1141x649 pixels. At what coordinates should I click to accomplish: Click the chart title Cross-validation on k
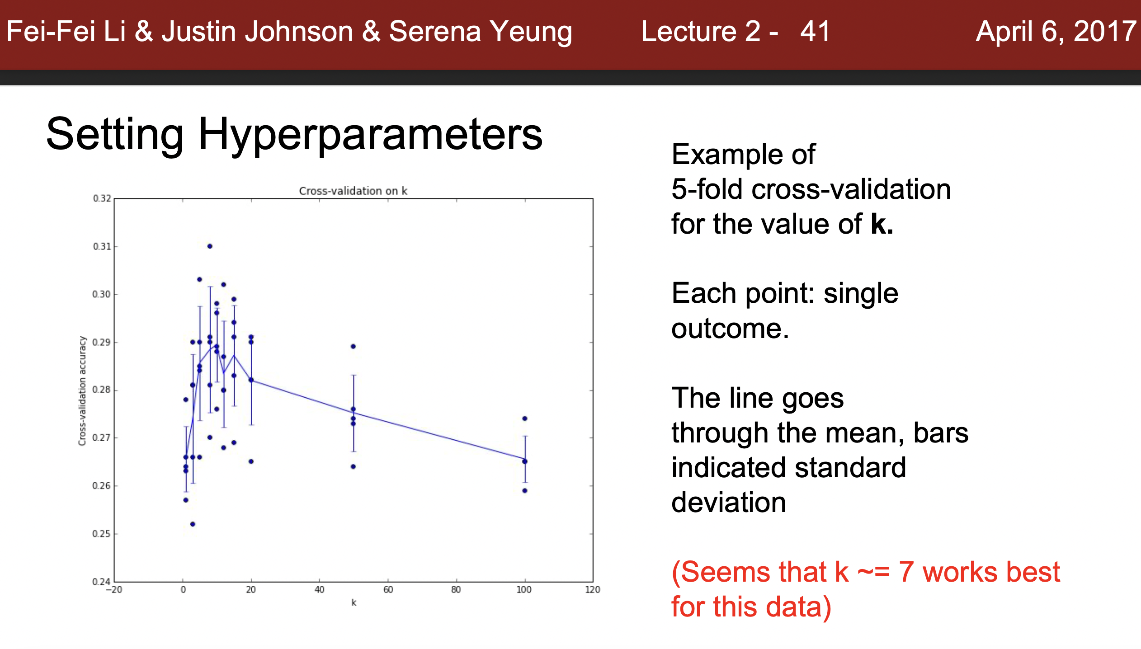pos(353,191)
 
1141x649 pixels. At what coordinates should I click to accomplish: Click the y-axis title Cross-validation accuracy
pos(82,390)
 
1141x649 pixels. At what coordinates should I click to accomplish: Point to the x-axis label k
pos(354,602)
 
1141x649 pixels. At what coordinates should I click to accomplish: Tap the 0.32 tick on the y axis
pos(102,198)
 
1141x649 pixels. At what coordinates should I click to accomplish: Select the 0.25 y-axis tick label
pos(101,534)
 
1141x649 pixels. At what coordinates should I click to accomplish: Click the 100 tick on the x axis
pos(524,589)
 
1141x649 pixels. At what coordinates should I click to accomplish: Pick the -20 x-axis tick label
pos(114,589)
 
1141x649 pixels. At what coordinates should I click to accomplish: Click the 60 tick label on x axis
pos(388,589)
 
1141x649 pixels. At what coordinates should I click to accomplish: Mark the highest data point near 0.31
pos(210,246)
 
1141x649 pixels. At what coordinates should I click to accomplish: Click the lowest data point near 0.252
pos(193,524)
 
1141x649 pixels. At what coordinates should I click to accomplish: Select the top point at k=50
pos(353,347)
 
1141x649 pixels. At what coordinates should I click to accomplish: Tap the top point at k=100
pos(525,419)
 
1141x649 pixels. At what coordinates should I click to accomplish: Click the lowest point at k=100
pos(525,491)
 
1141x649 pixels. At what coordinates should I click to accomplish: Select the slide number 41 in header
pos(815,32)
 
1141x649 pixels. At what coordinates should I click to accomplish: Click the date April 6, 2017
pos(1056,32)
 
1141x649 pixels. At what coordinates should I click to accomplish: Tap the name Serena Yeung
pos(481,32)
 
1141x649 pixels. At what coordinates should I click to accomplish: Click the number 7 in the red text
pos(906,572)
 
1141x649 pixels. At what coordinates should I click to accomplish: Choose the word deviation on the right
pos(728,503)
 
